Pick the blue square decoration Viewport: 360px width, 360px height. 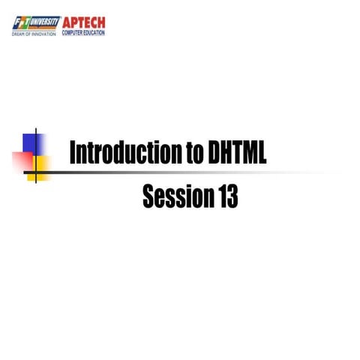[34, 142]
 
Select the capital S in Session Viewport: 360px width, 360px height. [148, 196]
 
